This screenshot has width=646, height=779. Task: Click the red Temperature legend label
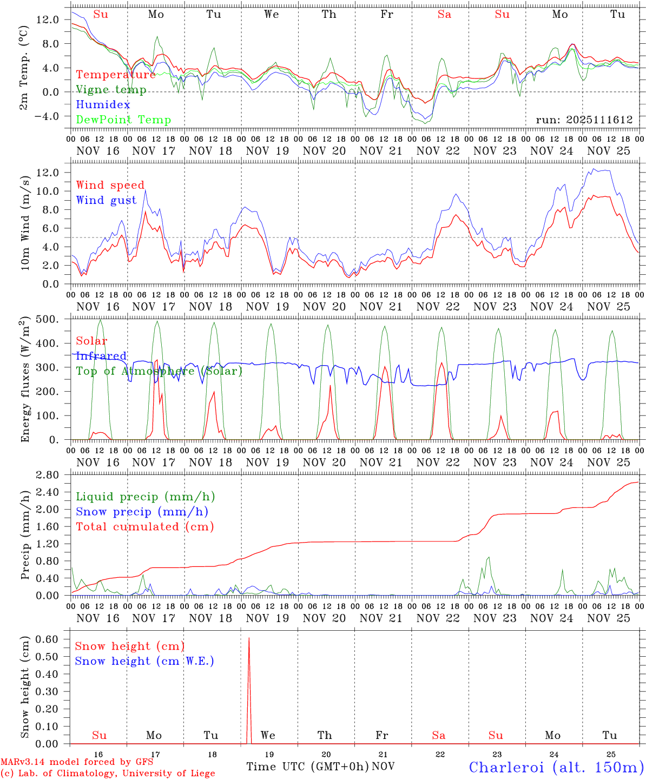click(x=116, y=75)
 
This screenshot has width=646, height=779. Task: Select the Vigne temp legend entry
click(x=111, y=90)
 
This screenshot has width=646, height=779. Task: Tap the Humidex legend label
click(x=103, y=104)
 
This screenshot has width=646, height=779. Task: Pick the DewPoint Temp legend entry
click(x=123, y=120)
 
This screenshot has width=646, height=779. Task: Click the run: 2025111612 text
click(x=584, y=120)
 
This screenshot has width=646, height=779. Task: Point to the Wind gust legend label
click(x=106, y=200)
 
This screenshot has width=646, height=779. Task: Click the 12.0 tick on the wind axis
click(x=48, y=173)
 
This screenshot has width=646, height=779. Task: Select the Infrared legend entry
click(x=101, y=356)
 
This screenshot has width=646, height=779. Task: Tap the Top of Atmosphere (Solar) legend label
click(x=159, y=371)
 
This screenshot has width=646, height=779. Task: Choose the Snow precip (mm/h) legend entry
click(x=142, y=512)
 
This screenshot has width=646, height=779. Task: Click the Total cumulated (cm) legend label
click(x=145, y=526)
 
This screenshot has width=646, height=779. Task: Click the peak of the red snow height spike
click(x=249, y=638)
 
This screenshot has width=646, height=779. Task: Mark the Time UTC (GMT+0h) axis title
click(x=308, y=767)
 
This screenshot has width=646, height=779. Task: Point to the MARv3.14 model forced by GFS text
click(x=77, y=762)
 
